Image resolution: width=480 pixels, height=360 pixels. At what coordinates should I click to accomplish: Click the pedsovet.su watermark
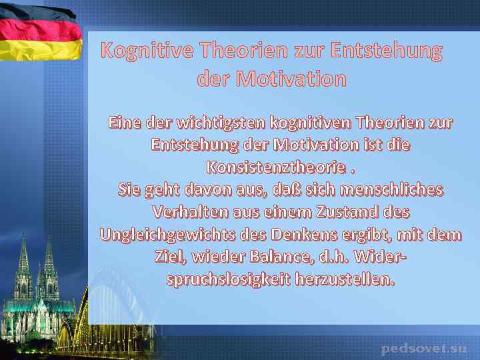tap(424, 348)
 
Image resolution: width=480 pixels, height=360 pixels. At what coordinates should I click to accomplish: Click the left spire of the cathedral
tap(23, 257)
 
